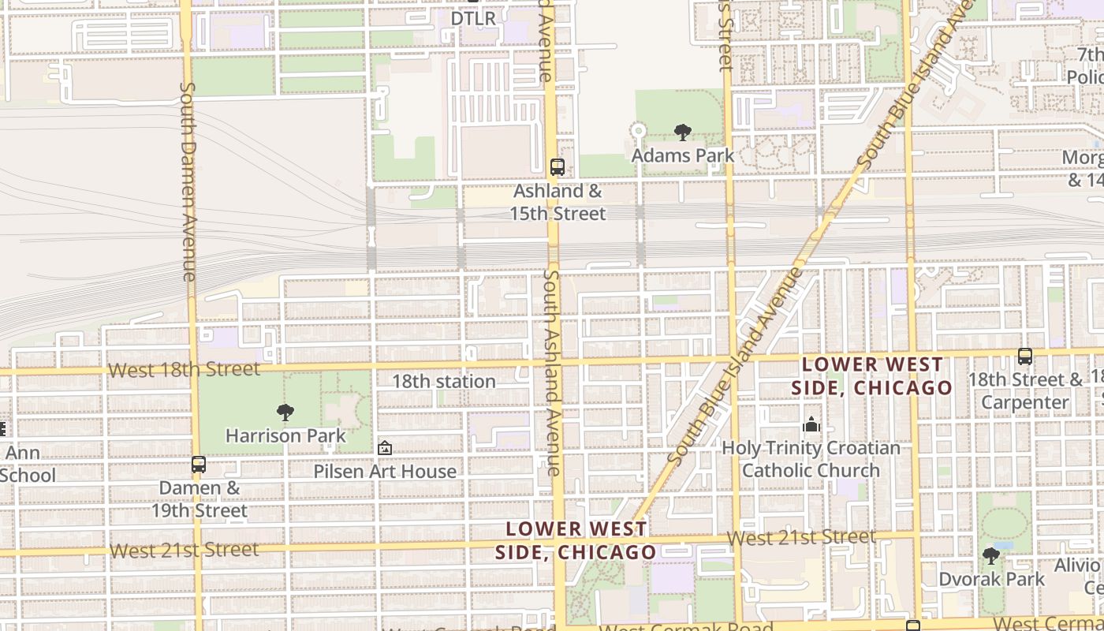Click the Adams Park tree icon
(683, 133)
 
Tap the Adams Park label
(683, 155)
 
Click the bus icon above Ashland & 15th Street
(558, 167)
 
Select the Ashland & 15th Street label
(558, 202)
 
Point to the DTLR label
(473, 18)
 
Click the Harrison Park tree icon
(285, 412)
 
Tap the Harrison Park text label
(285, 435)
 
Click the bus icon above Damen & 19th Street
(199, 465)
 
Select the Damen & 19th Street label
(200, 498)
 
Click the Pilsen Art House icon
(385, 448)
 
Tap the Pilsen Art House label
(385, 471)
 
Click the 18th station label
(444, 381)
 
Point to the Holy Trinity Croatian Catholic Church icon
(811, 425)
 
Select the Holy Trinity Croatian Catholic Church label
(811, 459)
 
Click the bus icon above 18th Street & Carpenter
(1025, 357)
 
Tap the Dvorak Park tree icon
(991, 556)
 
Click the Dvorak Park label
(991, 579)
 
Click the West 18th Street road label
(184, 369)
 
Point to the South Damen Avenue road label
(188, 181)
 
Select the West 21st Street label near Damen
(184, 550)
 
